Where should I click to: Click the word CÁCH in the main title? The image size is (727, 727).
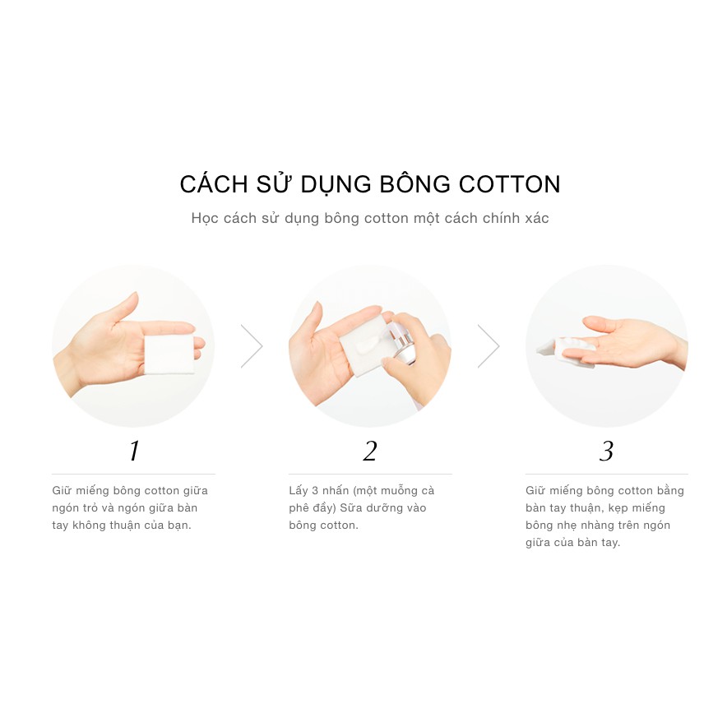coord(211,184)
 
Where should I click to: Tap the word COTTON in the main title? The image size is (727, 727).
coord(510,184)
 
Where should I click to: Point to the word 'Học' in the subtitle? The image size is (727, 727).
coord(206,219)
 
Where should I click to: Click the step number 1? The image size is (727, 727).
coord(134,451)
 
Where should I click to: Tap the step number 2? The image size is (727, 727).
coord(370,451)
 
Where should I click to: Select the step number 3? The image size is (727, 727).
coord(607,451)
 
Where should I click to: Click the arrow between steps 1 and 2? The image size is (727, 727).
coord(252,346)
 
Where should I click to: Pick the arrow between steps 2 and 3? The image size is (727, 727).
coord(489,346)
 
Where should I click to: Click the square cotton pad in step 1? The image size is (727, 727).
coord(169,354)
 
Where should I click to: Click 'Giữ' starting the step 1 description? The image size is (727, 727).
coord(63,491)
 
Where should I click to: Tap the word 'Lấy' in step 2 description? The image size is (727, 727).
coord(299,491)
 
